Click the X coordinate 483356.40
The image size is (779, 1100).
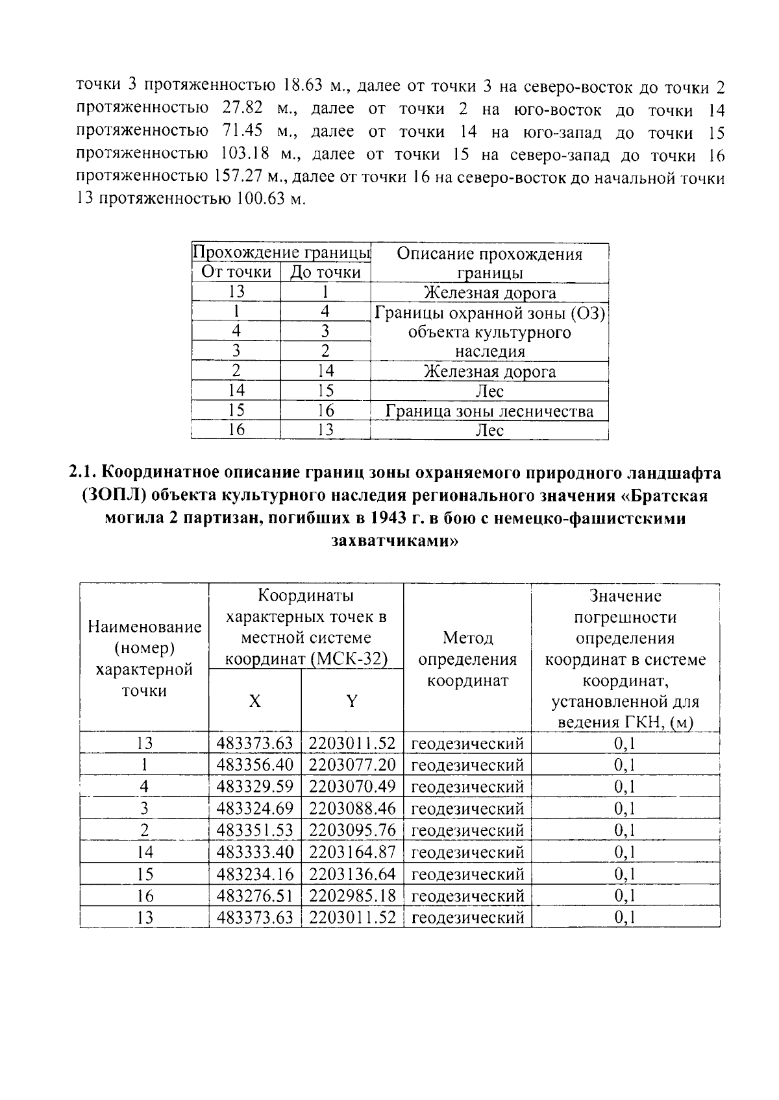tap(254, 765)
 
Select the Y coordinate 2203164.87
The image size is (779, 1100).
tap(352, 852)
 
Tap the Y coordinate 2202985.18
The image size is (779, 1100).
tap(352, 896)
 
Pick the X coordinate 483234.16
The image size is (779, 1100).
tap(254, 874)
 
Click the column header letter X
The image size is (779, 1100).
tap(255, 701)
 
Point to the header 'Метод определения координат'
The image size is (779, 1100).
tap(467, 659)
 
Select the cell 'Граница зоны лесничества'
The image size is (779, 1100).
tap(489, 411)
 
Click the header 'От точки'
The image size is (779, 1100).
tap(236, 272)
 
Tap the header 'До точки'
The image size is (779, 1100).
tap(325, 272)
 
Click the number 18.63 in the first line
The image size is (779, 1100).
tap(307, 86)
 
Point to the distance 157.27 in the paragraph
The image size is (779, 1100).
tap(236, 176)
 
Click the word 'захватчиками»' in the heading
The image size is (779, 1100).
tap(395, 540)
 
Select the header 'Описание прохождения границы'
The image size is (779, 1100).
tap(489, 263)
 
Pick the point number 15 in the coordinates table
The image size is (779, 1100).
tap(144, 874)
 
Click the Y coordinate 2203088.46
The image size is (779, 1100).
tap(352, 808)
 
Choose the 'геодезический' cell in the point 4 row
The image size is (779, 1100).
tap(467, 787)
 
